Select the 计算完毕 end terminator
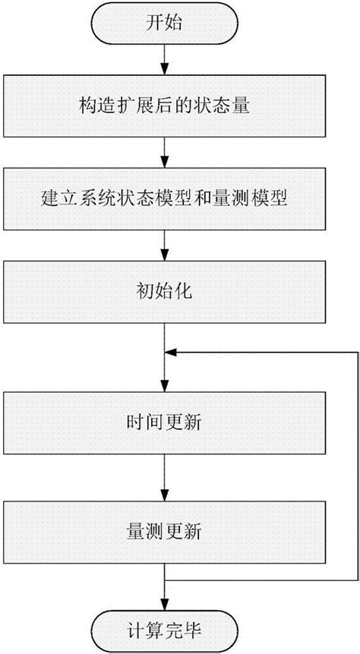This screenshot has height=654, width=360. (x=165, y=630)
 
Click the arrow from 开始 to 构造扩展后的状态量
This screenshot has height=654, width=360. (x=165, y=58)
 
